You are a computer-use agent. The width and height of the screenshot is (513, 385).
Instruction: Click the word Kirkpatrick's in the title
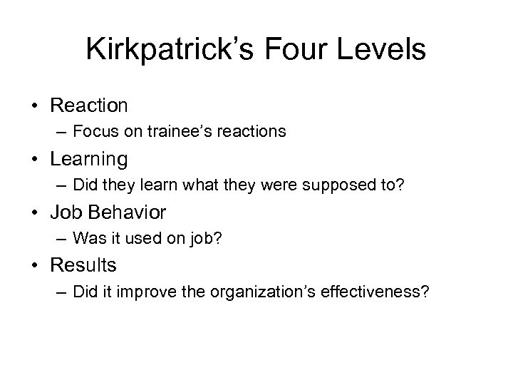pos(170,50)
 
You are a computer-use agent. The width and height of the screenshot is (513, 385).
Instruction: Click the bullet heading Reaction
pos(89,106)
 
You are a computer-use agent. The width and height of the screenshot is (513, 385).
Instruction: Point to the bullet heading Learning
pos(88,159)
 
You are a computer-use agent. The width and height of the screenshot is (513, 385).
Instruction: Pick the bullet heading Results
pos(83,265)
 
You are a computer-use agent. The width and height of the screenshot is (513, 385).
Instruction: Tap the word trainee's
pos(187,132)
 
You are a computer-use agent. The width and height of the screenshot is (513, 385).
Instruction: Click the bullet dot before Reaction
pos(35,106)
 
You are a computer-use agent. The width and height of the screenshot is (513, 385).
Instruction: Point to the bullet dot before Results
pos(35,265)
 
